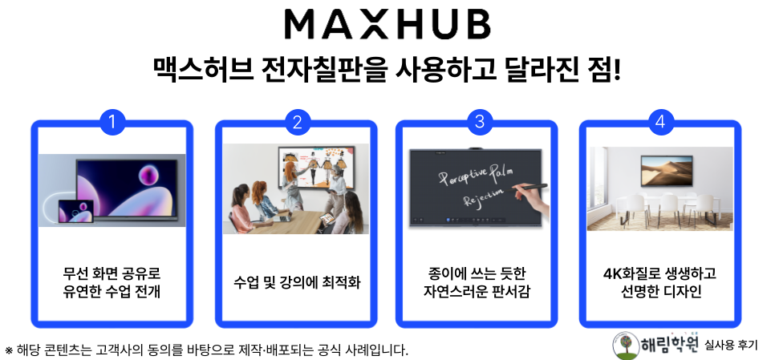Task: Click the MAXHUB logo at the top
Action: (x=387, y=24)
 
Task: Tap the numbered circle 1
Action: (x=112, y=122)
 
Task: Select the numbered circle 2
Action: (x=297, y=122)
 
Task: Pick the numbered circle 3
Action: (x=480, y=122)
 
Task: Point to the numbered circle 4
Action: (x=660, y=122)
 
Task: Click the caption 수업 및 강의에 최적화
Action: (x=297, y=283)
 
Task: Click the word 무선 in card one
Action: (x=74, y=273)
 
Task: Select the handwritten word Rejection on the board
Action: (x=484, y=196)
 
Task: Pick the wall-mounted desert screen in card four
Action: (x=666, y=172)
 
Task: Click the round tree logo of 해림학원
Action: (x=625, y=346)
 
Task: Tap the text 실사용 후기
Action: (x=731, y=346)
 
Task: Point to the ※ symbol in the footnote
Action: (x=9, y=351)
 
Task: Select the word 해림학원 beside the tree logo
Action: (x=670, y=344)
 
